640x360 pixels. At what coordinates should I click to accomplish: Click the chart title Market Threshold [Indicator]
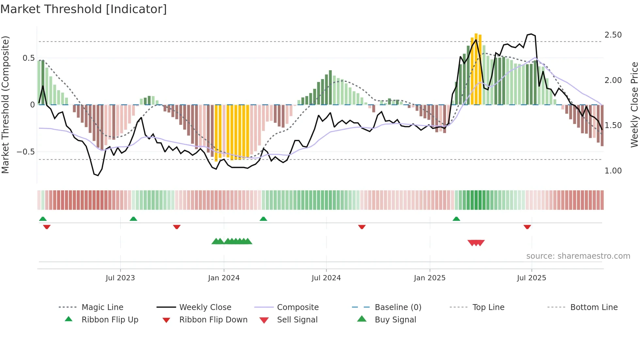click(x=84, y=9)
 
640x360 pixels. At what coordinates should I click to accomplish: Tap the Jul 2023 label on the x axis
click(x=120, y=278)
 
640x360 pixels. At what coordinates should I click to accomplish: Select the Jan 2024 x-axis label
click(x=224, y=278)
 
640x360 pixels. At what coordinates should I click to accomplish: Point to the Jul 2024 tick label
click(x=326, y=278)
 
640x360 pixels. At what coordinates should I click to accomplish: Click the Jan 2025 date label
click(x=429, y=278)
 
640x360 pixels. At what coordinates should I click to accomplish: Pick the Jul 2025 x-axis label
click(x=531, y=278)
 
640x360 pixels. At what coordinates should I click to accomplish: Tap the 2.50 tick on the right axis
click(x=613, y=35)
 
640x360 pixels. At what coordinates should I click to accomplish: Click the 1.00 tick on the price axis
click(x=613, y=171)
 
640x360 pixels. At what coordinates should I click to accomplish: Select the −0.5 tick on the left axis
click(x=25, y=152)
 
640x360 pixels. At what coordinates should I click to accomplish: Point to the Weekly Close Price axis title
click(x=634, y=105)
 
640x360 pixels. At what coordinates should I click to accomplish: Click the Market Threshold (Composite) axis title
click(x=5, y=105)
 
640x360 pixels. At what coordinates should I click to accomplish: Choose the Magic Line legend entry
click(x=102, y=307)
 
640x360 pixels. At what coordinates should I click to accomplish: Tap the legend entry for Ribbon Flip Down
click(x=213, y=320)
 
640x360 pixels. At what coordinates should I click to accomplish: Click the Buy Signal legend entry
click(x=395, y=320)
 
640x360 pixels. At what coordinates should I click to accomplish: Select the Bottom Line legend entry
click(x=594, y=307)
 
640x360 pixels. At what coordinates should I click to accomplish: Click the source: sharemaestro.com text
click(x=578, y=256)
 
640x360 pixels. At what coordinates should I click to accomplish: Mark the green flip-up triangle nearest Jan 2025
click(x=456, y=219)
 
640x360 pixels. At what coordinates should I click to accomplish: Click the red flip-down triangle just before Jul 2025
click(x=527, y=227)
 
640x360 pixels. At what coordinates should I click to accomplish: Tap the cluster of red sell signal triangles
click(x=476, y=243)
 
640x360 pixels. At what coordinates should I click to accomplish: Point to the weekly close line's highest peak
click(x=531, y=34)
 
